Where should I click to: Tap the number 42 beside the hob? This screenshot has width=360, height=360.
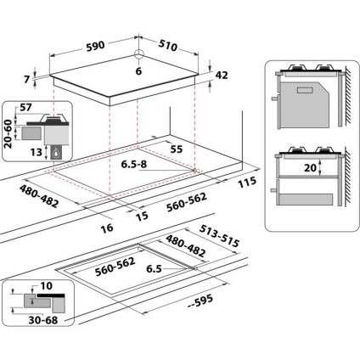pos(222,76)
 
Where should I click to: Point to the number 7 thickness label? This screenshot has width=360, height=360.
pos(26,79)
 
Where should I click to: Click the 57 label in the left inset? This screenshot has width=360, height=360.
pos(25,110)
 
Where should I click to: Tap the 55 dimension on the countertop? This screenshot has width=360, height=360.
pos(177,148)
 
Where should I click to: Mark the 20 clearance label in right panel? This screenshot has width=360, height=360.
pos(308,168)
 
